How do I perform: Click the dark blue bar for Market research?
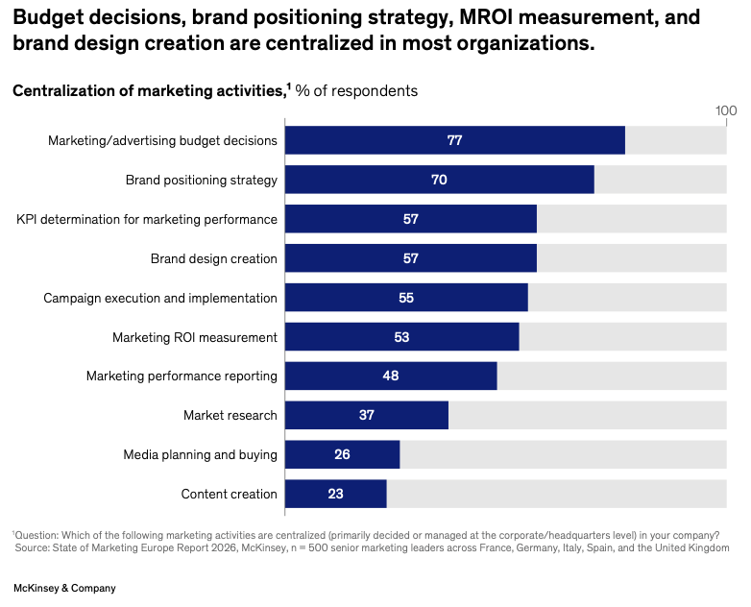[x=367, y=415]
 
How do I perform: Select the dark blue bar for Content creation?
[x=336, y=494]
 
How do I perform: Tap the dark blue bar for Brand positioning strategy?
[x=440, y=180]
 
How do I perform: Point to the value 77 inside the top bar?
[x=455, y=140]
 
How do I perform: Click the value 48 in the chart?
[x=391, y=376]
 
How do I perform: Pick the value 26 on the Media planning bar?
[x=342, y=454]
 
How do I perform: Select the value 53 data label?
[x=401, y=337]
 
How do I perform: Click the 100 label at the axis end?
[x=726, y=110]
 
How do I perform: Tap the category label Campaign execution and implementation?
[x=160, y=298]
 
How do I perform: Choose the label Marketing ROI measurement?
[x=195, y=337]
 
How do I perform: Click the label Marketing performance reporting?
[x=182, y=376]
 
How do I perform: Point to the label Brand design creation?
[x=214, y=258]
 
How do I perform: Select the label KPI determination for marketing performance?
[x=147, y=219]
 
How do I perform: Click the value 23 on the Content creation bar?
[x=335, y=494]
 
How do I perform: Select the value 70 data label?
[x=440, y=180]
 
